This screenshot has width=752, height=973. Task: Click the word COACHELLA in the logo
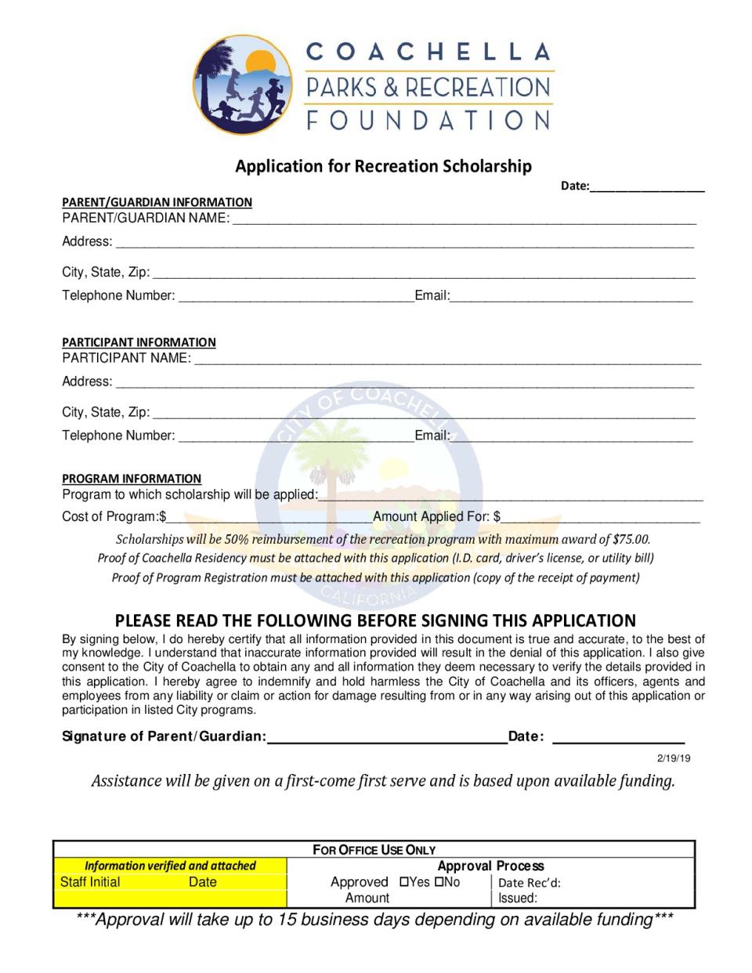428,52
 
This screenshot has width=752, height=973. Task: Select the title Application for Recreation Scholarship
384,166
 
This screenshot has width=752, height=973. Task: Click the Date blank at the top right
647,186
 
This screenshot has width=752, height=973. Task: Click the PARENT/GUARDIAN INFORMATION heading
157,202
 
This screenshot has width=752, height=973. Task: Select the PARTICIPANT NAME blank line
446,359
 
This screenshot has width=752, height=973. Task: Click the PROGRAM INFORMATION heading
132,479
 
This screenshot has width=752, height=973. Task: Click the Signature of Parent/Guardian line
387,736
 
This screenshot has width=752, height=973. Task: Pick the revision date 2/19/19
674,758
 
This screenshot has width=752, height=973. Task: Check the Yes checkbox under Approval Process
404,881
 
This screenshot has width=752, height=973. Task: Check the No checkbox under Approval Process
439,881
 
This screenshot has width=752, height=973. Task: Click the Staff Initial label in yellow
90,882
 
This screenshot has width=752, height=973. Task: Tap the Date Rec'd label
529,883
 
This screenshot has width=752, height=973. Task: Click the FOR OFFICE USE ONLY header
374,850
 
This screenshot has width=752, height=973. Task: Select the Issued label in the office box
518,899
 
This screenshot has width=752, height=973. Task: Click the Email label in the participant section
432,436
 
